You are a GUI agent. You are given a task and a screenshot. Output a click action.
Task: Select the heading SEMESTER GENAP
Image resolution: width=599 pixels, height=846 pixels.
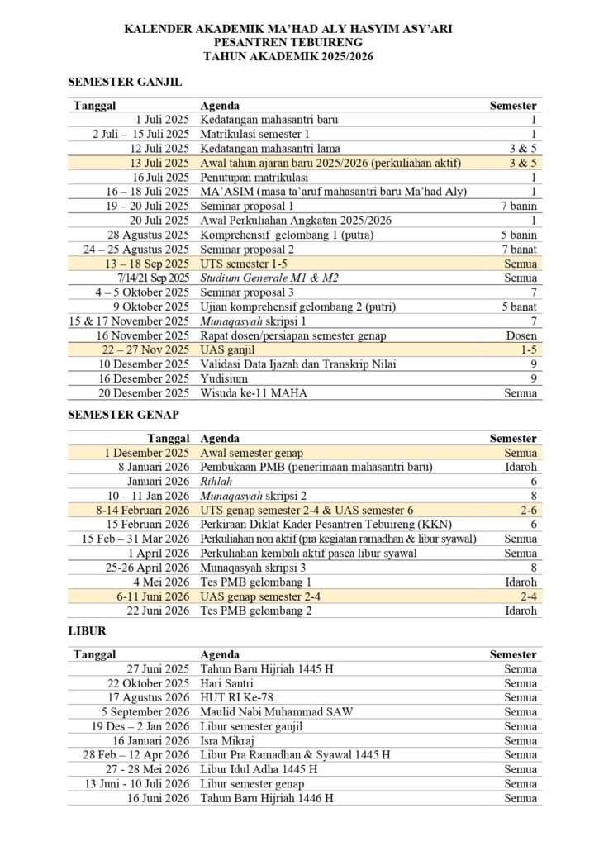point(123,416)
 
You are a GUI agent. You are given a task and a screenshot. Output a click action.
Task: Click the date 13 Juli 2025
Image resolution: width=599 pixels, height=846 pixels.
point(160,162)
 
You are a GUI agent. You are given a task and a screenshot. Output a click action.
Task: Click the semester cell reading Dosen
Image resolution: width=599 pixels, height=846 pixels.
point(521,335)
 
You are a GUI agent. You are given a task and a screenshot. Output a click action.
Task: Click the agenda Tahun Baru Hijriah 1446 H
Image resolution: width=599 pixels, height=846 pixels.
point(267,798)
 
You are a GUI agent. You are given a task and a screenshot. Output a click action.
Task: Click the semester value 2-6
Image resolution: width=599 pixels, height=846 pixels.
point(525,511)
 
